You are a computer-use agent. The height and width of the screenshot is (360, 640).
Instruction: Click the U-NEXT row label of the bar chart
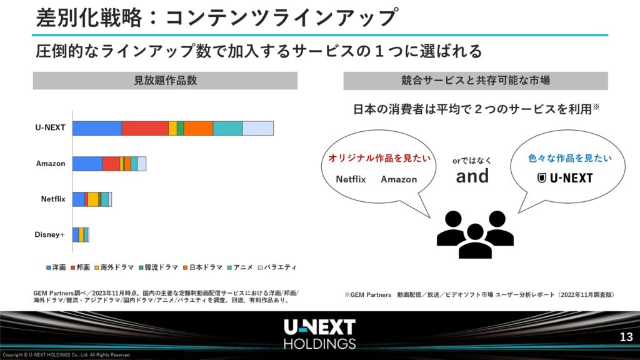point(50,127)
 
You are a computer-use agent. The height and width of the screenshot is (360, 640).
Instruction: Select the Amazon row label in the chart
point(51,164)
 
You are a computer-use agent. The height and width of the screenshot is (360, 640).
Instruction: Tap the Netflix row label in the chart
point(53,199)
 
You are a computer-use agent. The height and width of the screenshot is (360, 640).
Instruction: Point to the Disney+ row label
point(50,235)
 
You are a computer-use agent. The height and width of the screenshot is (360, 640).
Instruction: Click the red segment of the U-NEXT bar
point(145,128)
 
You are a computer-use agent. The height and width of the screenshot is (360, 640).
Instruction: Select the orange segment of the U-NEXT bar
point(198,128)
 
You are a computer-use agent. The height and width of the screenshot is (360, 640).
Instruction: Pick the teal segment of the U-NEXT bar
point(227,128)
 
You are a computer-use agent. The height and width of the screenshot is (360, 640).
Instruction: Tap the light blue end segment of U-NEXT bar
point(258,128)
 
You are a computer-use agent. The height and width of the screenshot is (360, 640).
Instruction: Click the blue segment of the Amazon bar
point(87,164)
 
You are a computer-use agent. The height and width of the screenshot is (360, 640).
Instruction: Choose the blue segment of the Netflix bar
point(78,199)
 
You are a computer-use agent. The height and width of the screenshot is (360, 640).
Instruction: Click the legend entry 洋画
point(56,267)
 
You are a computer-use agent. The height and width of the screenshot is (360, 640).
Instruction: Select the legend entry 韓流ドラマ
point(158,267)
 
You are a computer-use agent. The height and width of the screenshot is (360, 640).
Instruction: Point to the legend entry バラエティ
point(277,267)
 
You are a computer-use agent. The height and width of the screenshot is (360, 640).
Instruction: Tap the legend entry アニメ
point(240,267)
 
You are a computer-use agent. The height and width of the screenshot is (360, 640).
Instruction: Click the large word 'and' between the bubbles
point(472,176)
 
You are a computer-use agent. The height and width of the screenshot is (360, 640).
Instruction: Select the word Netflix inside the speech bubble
point(351,179)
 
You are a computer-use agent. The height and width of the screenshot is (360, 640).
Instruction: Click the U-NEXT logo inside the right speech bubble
point(565,178)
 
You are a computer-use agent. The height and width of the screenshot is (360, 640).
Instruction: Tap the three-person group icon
point(475,234)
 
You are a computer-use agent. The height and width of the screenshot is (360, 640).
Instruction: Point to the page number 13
point(626,337)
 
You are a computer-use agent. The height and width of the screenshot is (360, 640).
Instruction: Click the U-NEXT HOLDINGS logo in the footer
point(319,334)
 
